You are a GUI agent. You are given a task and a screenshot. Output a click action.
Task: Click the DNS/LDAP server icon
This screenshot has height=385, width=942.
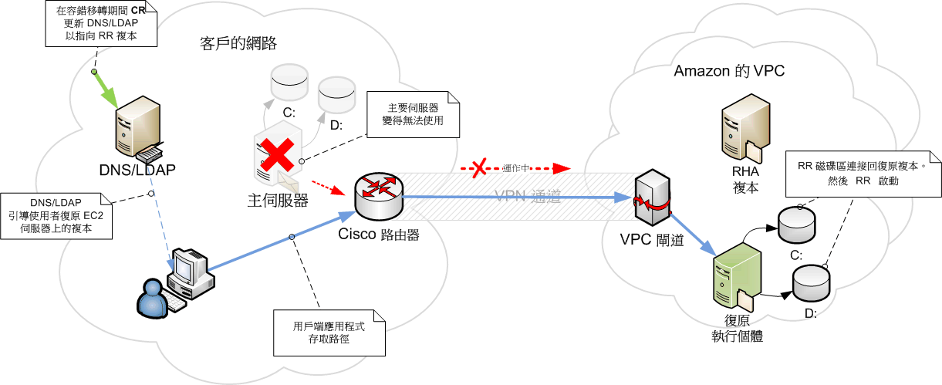137,127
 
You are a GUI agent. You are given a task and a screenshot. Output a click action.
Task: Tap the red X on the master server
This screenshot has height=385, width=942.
278,157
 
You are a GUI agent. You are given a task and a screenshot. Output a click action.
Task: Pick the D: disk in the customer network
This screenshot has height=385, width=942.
336,94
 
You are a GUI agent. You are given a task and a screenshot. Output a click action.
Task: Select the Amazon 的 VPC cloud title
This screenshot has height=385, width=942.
729,72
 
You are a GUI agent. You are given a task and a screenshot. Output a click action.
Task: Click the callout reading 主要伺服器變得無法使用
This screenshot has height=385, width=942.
412,114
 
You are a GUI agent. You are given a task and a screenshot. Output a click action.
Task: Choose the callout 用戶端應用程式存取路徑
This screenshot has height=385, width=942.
329,333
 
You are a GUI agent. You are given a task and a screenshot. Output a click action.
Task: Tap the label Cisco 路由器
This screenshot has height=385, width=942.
379,235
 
